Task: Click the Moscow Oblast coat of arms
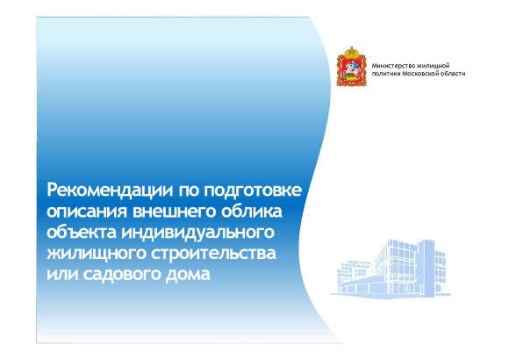(352, 68)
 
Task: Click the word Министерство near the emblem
(392, 66)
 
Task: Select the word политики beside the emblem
(386, 75)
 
